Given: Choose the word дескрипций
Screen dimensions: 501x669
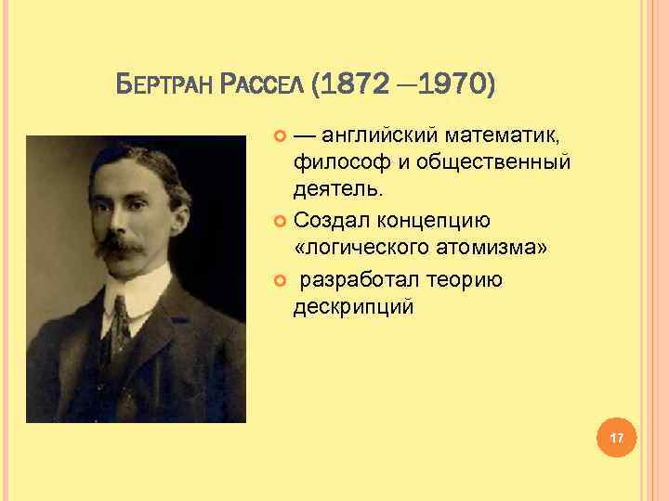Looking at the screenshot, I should [x=353, y=306].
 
